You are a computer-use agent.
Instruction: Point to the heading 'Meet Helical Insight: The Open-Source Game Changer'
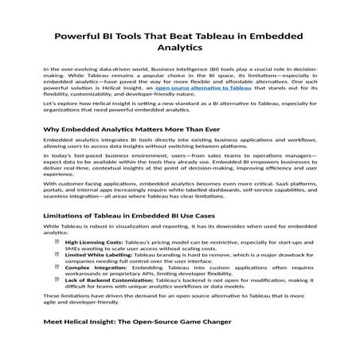tap(137, 321)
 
